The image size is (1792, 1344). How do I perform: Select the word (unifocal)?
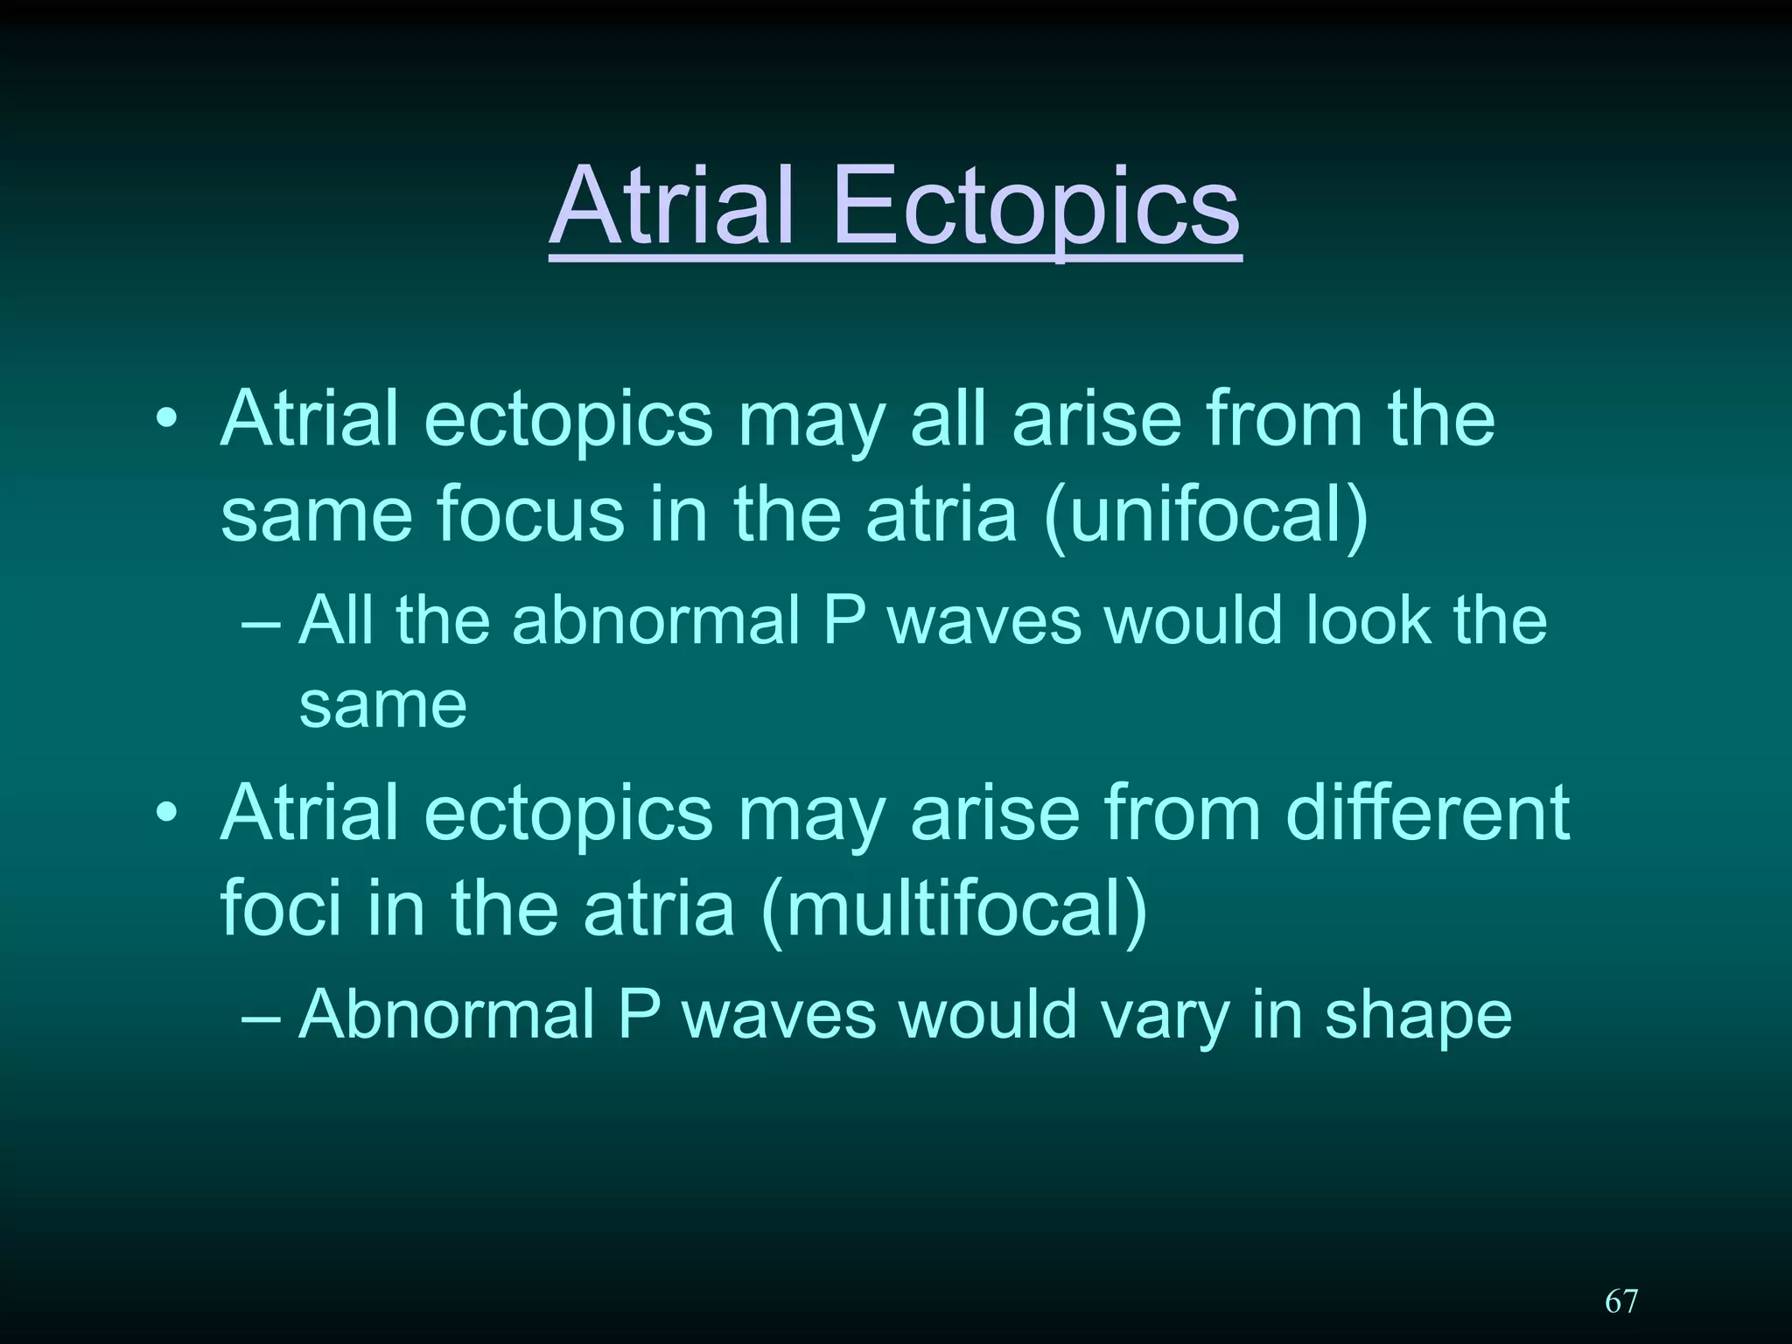[x=1207, y=514]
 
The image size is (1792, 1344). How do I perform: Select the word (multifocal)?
[x=955, y=908]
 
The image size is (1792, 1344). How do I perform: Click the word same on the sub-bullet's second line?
[x=382, y=705]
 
